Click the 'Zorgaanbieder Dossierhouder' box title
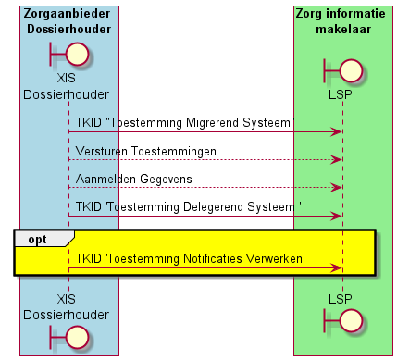[x=68, y=21]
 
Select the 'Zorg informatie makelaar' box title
[x=341, y=21]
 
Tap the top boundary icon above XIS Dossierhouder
[x=69, y=55]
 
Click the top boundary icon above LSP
[x=342, y=70]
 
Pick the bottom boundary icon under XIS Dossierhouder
[x=69, y=338]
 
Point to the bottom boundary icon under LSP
[x=342, y=321]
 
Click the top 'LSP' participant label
[x=341, y=94]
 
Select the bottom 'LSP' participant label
[x=341, y=299]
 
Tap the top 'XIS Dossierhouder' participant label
[x=66, y=86]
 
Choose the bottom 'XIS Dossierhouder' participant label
[x=66, y=307]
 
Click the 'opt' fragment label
[x=37, y=240]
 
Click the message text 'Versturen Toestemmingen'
[x=146, y=152]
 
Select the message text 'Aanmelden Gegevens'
[x=134, y=180]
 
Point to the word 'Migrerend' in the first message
[x=213, y=123]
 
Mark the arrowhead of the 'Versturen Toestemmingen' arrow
[x=337, y=160]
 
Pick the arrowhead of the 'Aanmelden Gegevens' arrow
[x=337, y=187]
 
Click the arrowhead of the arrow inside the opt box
[x=337, y=268]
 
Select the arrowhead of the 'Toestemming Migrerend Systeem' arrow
[x=337, y=132]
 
